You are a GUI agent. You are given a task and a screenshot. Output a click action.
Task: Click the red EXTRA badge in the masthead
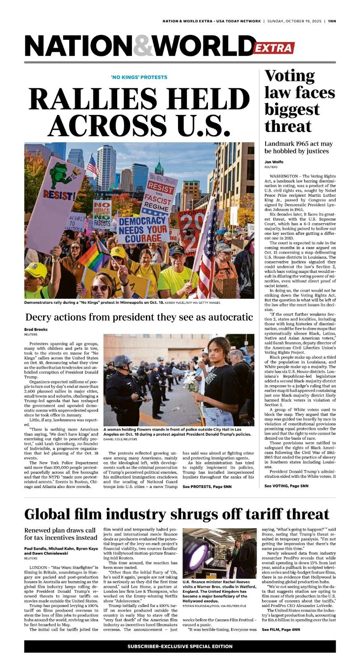click(273, 48)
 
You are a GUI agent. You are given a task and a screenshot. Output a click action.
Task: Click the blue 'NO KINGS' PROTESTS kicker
click(139, 77)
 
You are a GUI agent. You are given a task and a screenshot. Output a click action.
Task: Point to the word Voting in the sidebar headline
click(289, 77)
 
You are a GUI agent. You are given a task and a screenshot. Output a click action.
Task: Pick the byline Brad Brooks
click(36, 330)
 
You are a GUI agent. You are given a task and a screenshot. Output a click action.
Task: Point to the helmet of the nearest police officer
click(122, 361)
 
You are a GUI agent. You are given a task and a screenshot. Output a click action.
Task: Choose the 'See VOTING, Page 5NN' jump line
click(286, 486)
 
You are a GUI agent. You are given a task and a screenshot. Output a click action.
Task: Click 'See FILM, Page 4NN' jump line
click(281, 629)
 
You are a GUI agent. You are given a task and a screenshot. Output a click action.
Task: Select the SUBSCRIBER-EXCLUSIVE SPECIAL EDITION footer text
click(180, 646)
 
